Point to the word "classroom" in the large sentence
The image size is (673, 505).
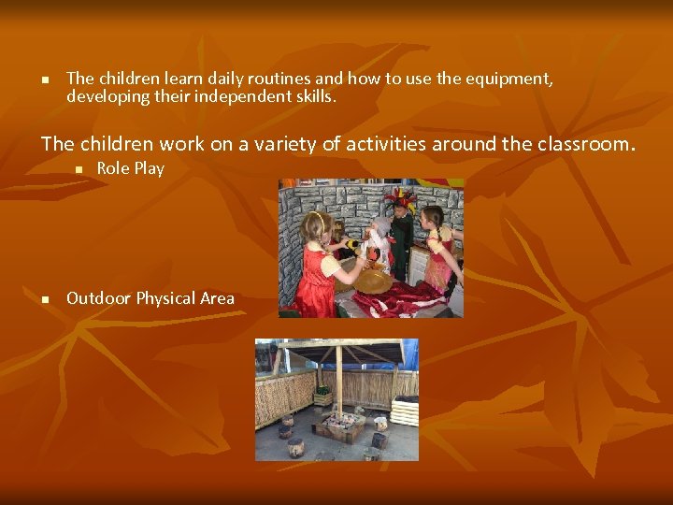584,144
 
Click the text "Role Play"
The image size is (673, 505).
130,168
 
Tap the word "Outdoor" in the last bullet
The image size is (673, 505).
99,298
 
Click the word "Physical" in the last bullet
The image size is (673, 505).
166,298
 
